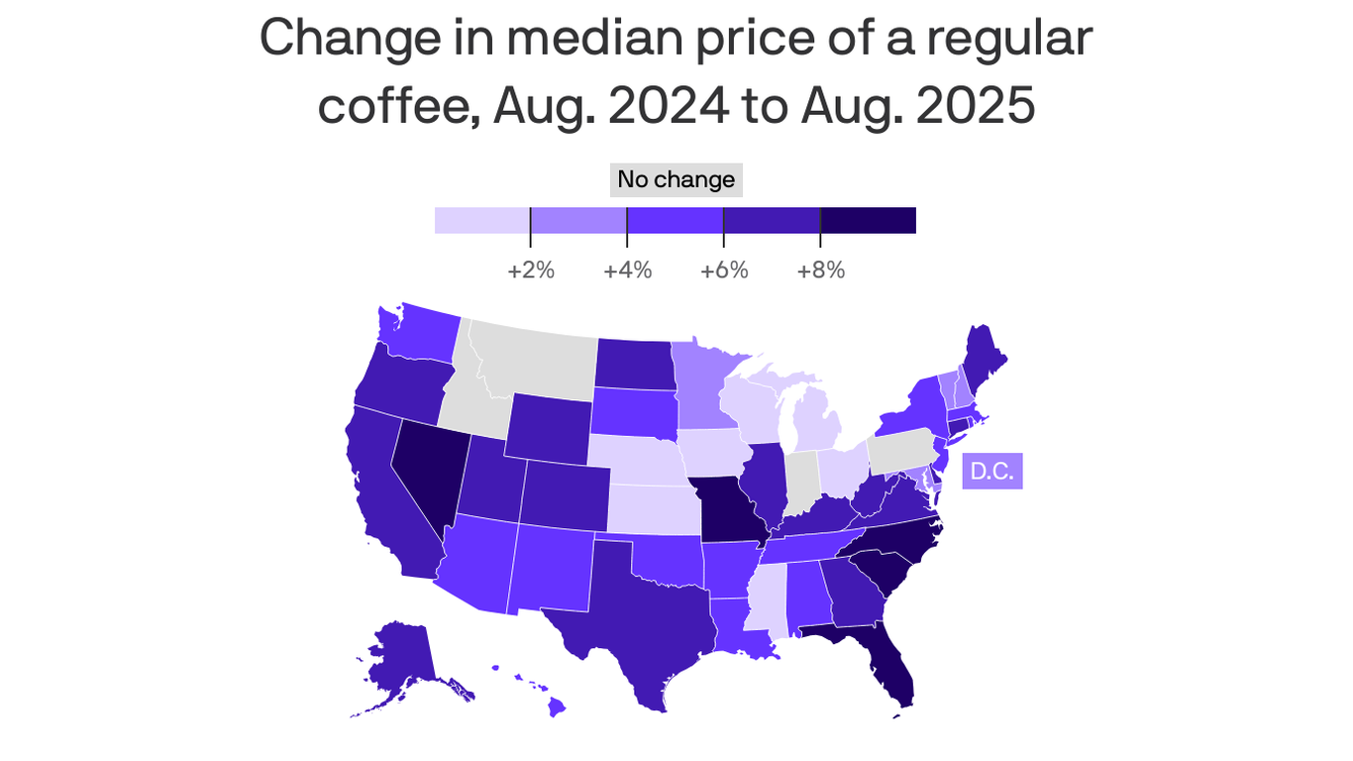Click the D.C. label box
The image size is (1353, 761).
pos(991,471)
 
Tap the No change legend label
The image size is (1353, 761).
pos(676,179)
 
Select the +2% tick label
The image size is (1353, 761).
pos(531,270)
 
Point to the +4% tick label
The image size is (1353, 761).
pos(627,270)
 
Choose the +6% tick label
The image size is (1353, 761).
pos(724,270)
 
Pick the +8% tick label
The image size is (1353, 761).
pos(820,270)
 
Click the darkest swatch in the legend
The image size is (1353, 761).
pos(868,220)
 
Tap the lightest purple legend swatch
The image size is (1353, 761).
pos(482,220)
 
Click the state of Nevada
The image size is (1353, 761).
pos(426,476)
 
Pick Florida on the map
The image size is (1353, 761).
pos(886,664)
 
